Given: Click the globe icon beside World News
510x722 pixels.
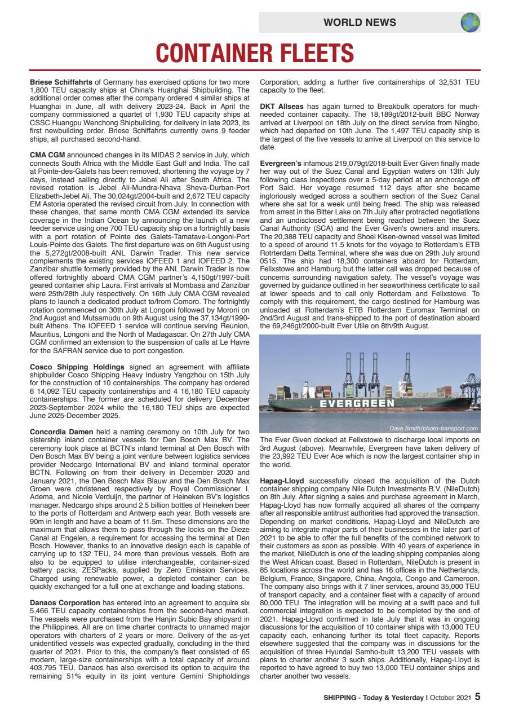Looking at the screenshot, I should tap(470, 23).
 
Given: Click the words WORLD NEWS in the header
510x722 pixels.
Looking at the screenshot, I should tap(360, 23).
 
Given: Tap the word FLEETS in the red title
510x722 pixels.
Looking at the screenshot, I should tap(308, 54).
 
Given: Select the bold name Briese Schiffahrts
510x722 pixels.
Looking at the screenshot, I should tap(61, 82).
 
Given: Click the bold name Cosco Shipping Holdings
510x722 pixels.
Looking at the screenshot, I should tap(77, 367).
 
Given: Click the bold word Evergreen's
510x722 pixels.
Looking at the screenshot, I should tap(282, 163).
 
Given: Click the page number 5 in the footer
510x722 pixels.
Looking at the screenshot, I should tap(477, 697).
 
